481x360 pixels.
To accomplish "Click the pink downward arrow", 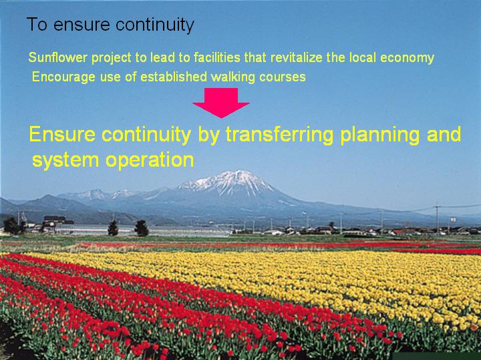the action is click(221, 103).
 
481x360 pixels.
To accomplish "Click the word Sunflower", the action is click(58, 57).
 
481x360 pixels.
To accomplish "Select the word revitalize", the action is click(297, 57).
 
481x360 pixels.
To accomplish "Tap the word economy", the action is click(407, 58).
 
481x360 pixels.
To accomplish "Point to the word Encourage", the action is click(63, 77).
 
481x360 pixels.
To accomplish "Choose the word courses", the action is click(283, 77).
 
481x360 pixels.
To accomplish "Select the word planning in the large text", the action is click(380, 135).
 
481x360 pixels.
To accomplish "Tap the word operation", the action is click(150, 160).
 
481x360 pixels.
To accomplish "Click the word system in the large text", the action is click(65, 161).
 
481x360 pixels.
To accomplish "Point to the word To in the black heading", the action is click(37, 24).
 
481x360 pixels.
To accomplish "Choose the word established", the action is click(174, 77).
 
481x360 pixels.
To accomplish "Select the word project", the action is click(112, 58).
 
